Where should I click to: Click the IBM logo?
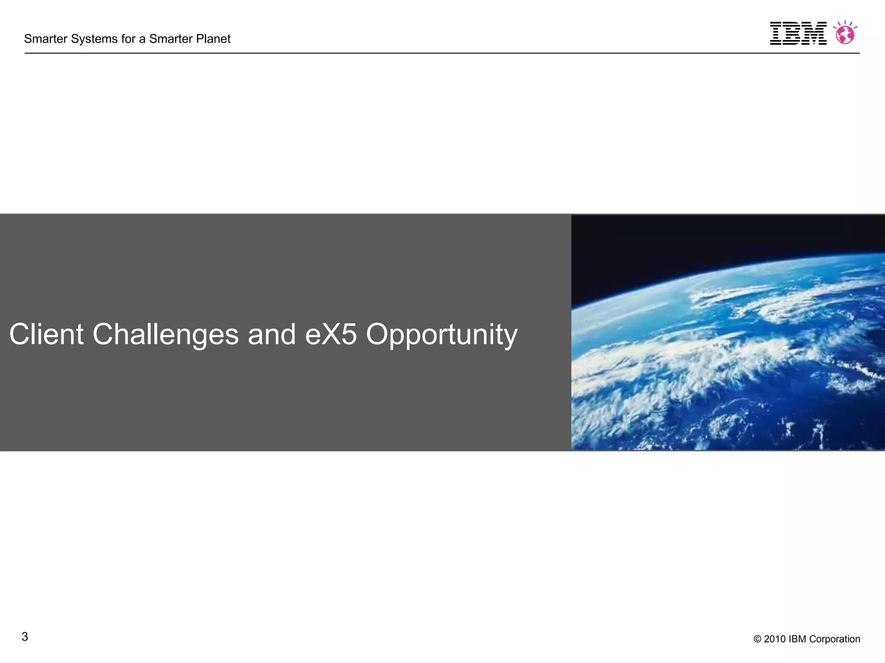pos(798,33)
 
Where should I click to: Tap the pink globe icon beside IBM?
pos(845,33)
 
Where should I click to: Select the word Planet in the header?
pos(213,39)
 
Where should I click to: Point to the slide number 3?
pos(25,637)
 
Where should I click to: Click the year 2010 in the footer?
pos(774,639)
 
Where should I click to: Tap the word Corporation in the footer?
pos(834,639)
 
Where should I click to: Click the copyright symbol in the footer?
pos(757,639)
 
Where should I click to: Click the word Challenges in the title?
pos(166,335)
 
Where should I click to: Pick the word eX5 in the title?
pos(331,334)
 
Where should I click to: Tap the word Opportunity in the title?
pos(442,335)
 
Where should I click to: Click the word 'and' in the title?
pos(271,334)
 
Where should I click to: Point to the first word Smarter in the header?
pos(46,39)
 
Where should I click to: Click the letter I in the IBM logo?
pos(776,33)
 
